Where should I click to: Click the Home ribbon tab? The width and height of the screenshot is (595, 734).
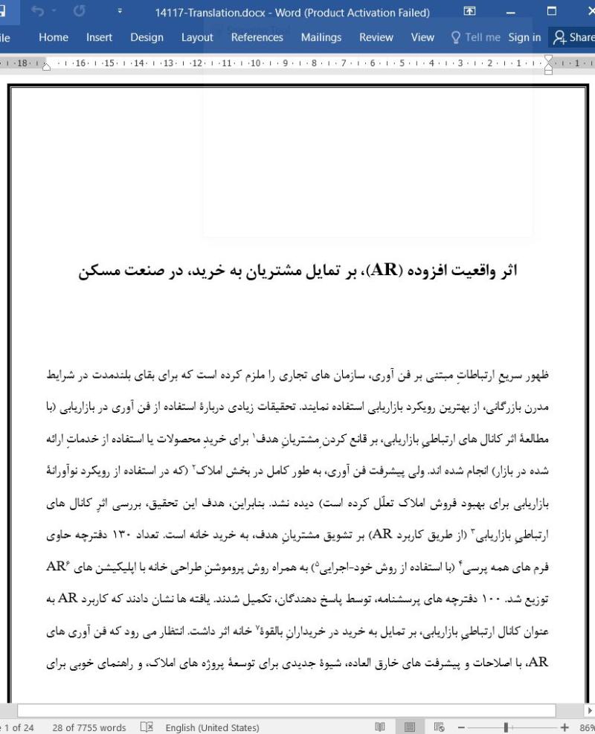54,37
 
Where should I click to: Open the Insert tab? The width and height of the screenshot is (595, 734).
99,37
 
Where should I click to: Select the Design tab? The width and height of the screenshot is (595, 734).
147,37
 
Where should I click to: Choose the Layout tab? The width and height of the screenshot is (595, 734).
197,37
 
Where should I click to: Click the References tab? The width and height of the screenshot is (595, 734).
257,37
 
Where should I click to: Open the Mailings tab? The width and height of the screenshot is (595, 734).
321,37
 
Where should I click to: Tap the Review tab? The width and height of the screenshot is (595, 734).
376,37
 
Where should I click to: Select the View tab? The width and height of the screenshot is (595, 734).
422,37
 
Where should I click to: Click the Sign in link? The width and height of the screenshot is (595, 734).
524,37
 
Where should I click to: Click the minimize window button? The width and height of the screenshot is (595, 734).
510,12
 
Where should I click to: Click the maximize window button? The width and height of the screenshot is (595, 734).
551,12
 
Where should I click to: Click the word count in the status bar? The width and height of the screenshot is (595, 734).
89,727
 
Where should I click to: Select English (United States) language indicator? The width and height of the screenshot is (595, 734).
212,727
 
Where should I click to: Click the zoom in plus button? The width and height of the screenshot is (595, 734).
565,727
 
